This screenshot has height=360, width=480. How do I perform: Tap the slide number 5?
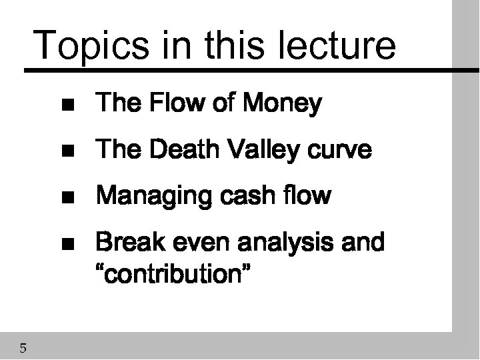(x=23, y=347)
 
